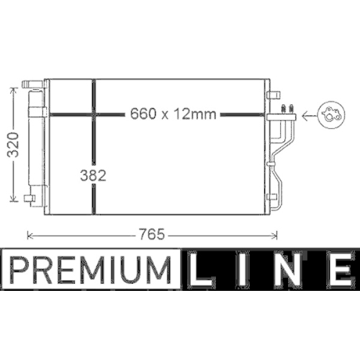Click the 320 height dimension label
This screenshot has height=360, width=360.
9,143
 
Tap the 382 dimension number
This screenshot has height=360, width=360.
94,175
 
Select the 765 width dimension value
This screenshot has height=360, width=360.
152,234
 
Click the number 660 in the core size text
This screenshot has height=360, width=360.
143,113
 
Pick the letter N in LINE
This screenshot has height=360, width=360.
289,270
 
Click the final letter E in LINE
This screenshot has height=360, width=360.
336,270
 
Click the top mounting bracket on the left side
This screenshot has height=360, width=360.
32,84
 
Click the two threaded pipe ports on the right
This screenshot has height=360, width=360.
289,109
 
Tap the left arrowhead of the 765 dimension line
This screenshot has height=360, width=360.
30,234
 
